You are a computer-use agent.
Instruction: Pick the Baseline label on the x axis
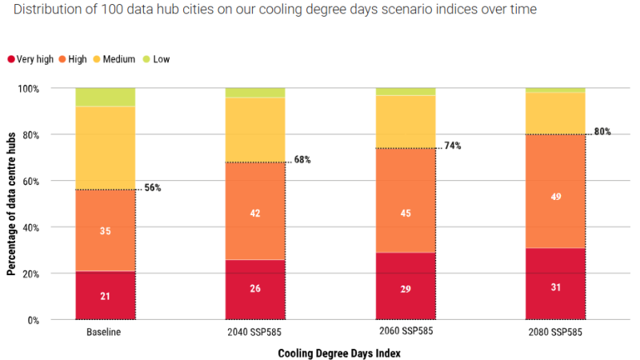[105, 332]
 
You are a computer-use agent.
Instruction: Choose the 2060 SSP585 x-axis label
[406, 332]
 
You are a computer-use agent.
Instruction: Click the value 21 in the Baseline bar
[105, 296]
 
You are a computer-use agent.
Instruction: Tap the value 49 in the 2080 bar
[555, 196]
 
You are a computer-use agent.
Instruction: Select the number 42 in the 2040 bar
[255, 213]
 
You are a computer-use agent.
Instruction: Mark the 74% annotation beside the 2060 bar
[452, 146]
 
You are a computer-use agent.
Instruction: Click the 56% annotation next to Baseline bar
[152, 188]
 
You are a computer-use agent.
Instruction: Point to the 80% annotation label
[602, 132]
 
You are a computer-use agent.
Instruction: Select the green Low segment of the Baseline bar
[105, 97]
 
